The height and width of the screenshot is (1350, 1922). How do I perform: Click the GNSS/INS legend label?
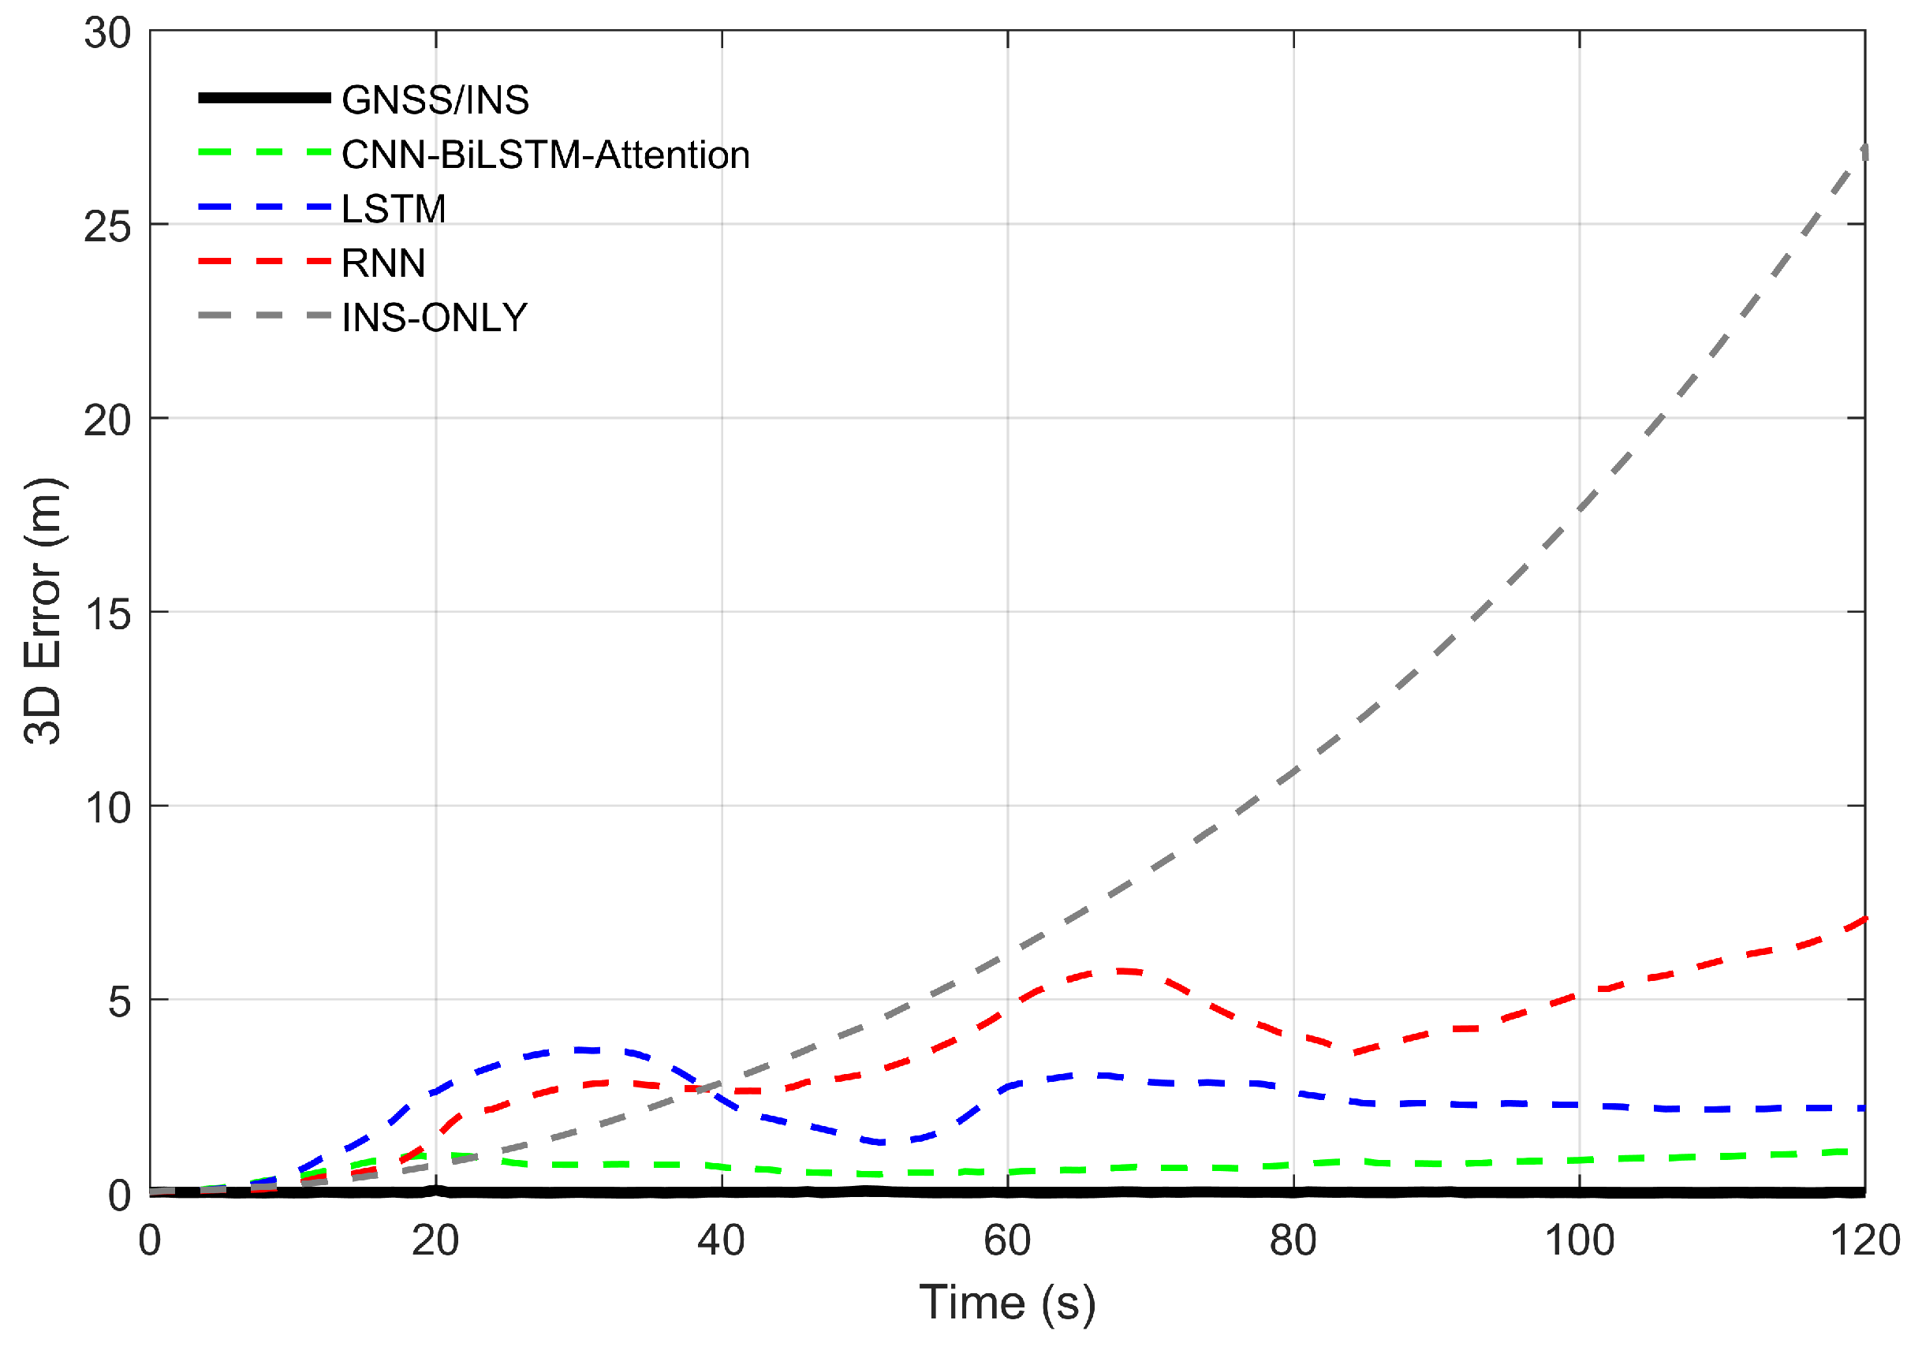[435, 100]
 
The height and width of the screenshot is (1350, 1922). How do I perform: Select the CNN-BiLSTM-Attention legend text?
[545, 155]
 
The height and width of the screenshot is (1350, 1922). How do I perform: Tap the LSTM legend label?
[394, 209]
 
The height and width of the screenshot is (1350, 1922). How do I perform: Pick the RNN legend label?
[383, 263]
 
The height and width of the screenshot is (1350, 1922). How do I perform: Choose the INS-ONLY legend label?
[435, 318]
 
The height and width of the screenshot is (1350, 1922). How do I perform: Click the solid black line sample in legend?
[264, 99]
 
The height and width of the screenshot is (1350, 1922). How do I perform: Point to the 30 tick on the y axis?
[108, 33]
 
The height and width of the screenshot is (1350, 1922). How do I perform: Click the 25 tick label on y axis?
[108, 227]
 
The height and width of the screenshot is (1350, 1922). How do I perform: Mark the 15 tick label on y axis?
[108, 614]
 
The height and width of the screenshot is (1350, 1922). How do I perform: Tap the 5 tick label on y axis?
[120, 1001]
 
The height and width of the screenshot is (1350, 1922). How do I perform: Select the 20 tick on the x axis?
[435, 1240]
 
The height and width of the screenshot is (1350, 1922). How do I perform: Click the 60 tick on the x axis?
[1007, 1240]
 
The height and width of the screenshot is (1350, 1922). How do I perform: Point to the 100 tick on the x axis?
[1579, 1240]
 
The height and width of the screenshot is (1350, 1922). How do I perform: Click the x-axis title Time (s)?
[1007, 1303]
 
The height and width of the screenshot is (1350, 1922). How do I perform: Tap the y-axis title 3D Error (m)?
[43, 611]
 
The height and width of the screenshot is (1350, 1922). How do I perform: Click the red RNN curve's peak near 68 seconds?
[1121, 971]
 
